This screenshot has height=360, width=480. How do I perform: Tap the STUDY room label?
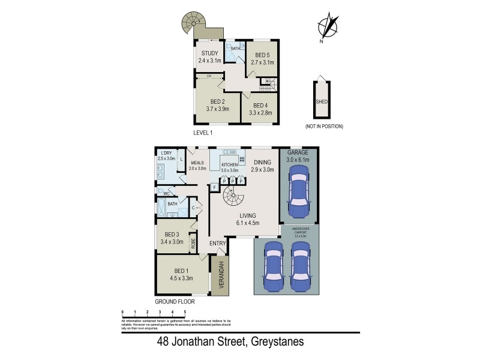pos(210,53)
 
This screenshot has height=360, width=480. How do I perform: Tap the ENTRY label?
pos(217,243)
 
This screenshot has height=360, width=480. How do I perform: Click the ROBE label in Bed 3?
pos(193,243)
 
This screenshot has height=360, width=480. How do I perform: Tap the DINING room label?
pos(263,163)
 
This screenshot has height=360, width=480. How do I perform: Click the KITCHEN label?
pos(230,164)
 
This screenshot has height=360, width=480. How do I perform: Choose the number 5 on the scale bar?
pos(185,312)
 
